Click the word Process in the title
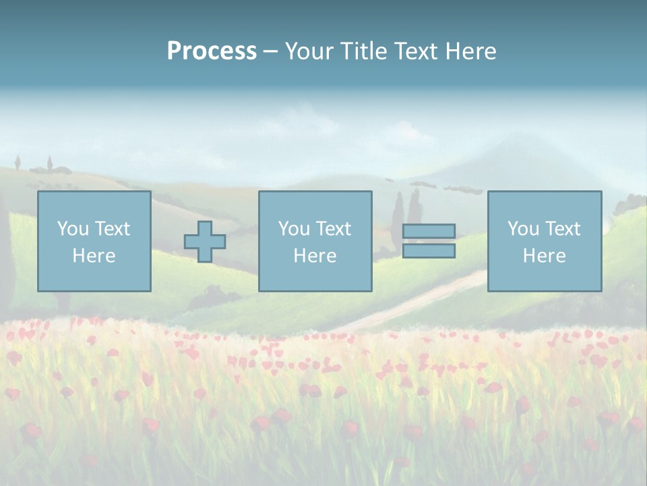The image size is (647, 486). (212, 51)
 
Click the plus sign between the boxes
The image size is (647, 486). (205, 242)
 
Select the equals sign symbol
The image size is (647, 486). (429, 241)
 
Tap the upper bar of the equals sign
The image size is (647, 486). (429, 232)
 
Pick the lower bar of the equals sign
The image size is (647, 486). (429, 250)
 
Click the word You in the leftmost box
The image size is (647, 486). (72, 229)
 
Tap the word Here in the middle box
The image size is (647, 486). (315, 256)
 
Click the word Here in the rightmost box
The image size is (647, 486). (544, 256)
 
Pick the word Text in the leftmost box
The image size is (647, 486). (111, 229)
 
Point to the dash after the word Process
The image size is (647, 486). (271, 52)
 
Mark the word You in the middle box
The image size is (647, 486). (293, 229)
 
